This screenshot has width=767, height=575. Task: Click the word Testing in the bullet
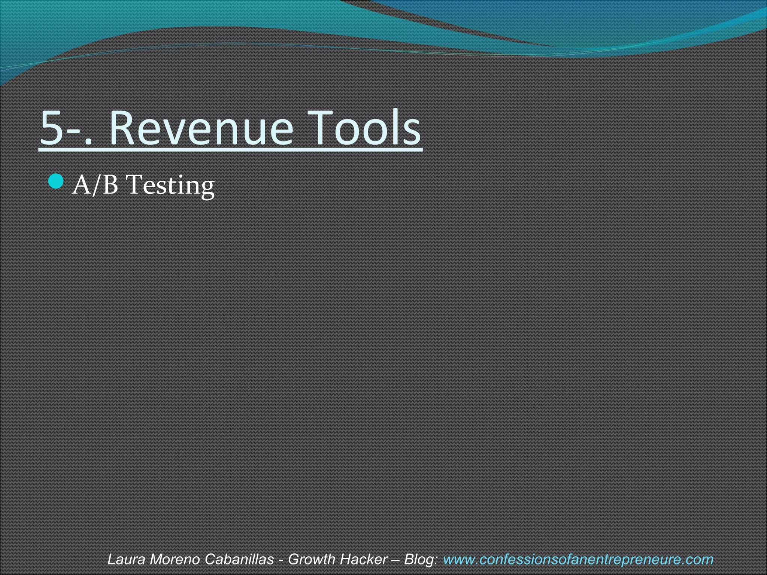click(170, 186)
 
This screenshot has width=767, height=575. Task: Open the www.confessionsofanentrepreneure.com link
click(578, 559)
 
